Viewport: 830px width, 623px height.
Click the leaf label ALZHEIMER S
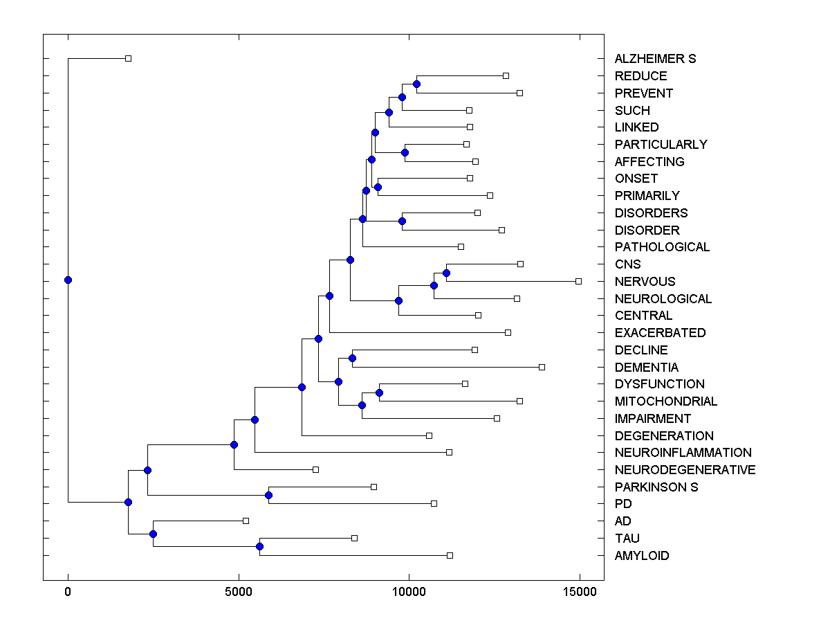click(x=655, y=59)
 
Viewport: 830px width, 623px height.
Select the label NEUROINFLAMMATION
click(x=683, y=453)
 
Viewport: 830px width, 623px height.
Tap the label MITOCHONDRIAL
click(x=665, y=401)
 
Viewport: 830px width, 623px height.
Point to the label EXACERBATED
click(x=660, y=333)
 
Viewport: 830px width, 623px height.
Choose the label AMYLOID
click(x=641, y=556)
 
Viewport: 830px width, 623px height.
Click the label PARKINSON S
click(x=656, y=487)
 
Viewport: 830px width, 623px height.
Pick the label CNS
click(x=627, y=264)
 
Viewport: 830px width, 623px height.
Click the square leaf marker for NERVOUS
click(x=579, y=281)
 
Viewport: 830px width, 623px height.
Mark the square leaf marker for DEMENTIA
click(x=542, y=367)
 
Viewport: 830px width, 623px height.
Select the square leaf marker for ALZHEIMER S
click(x=128, y=58)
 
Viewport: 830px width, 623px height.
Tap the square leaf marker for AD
click(x=246, y=521)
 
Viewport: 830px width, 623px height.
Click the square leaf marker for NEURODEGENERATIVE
click(x=315, y=469)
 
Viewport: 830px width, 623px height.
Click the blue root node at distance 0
click(x=68, y=280)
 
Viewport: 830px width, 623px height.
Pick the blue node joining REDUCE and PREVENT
click(x=416, y=84)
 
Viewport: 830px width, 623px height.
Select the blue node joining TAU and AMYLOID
click(x=259, y=546)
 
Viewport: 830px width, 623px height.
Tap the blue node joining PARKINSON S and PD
click(x=268, y=495)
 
